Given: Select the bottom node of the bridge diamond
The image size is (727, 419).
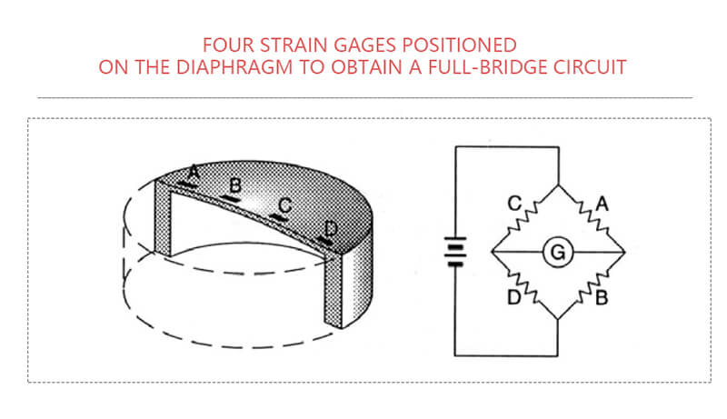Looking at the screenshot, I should click(x=557, y=320).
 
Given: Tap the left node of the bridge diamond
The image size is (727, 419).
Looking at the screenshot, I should click(x=491, y=252).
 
